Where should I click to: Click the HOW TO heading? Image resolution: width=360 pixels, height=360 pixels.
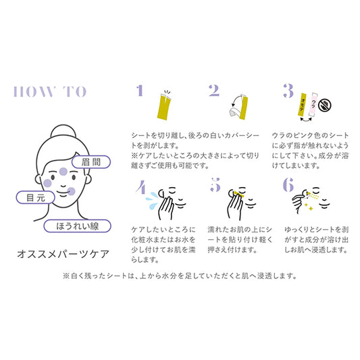50,92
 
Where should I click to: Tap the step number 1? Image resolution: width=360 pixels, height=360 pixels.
140,91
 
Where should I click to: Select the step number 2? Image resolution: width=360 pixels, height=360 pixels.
214,91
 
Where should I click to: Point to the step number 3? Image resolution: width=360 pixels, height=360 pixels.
288,91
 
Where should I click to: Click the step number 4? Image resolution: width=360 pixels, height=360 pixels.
140,186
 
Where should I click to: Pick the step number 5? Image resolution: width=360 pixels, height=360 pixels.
215,185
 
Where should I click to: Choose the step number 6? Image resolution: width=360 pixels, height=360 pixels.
288,184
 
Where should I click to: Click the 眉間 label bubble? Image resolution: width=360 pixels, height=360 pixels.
91,162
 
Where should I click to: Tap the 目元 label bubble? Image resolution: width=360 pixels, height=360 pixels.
36,197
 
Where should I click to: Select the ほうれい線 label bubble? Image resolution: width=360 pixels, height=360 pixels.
78,226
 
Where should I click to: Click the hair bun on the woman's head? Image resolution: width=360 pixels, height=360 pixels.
63,131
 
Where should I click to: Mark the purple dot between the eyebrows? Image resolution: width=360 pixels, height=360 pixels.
63,172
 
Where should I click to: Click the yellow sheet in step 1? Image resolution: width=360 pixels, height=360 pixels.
164,107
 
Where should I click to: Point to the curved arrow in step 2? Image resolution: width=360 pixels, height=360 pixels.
234,101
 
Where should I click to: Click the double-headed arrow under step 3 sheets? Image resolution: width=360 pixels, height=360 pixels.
306,120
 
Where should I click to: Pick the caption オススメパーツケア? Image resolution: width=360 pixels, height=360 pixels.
63,254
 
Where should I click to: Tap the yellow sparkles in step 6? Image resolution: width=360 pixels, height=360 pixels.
309,207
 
